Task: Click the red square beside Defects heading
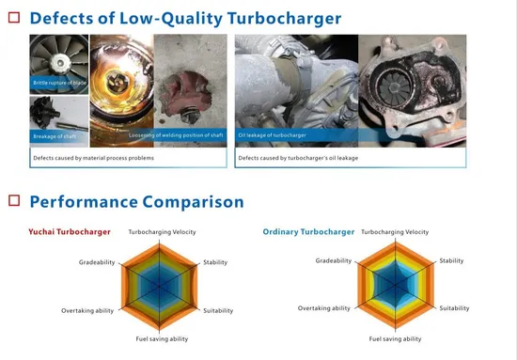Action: pyautogui.click(x=13, y=18)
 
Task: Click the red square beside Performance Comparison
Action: pyautogui.click(x=13, y=201)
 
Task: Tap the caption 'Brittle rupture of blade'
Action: pyautogui.click(x=58, y=84)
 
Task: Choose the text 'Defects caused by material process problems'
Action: pyautogui.click(x=93, y=158)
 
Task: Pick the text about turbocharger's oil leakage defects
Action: pyautogui.click(x=301, y=158)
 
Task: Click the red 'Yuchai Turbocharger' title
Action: pyautogui.click(x=70, y=231)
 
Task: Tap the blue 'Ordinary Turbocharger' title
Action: pyautogui.click(x=308, y=231)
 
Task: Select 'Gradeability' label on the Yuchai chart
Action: pyautogui.click(x=97, y=262)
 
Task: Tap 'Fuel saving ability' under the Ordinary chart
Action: pyautogui.click(x=395, y=338)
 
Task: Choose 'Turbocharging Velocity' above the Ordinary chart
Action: pyautogui.click(x=395, y=231)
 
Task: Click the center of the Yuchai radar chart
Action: pyautogui.click(x=162, y=286)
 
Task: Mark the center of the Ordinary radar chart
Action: pyautogui.click(x=396, y=285)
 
